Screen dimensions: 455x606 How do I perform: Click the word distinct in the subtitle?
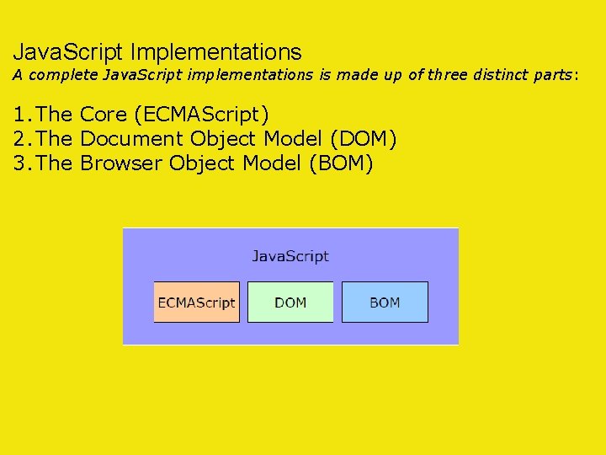coord(504,76)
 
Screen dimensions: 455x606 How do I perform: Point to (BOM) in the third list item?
coord(341,163)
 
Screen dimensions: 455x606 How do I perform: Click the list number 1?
coord(19,114)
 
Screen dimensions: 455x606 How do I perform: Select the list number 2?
coord(19,138)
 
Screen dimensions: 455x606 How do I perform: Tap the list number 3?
coord(19,163)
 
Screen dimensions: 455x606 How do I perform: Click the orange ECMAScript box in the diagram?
coord(196,302)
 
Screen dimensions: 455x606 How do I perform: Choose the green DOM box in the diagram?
coord(290,302)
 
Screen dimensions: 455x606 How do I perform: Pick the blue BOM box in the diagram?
coord(385,302)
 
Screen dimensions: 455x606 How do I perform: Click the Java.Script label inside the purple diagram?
coord(290,255)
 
